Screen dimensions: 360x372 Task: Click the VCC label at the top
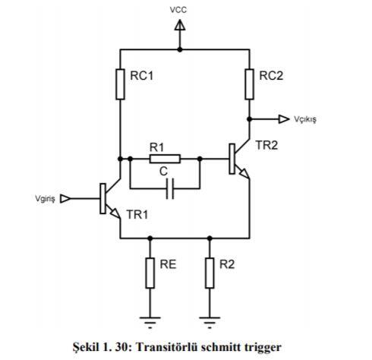tap(180, 11)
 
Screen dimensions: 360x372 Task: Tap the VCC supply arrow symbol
tap(180, 27)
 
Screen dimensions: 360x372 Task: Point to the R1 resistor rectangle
tap(165, 159)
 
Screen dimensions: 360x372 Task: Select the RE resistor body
tap(150, 273)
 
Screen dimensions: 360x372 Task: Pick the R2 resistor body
tap(209, 273)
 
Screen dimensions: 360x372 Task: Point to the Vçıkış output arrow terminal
tap(284, 119)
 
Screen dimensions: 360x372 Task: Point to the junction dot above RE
tap(150, 237)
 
